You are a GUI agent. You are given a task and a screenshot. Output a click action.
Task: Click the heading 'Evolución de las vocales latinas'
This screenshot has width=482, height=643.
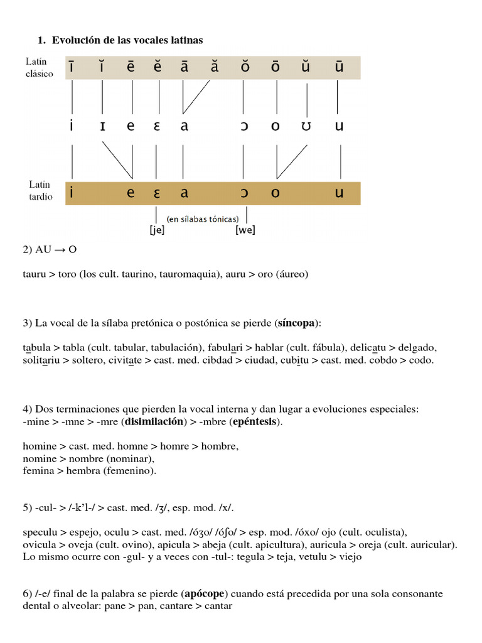click(x=127, y=40)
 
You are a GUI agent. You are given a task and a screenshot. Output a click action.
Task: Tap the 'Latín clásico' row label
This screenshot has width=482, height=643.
click(x=40, y=68)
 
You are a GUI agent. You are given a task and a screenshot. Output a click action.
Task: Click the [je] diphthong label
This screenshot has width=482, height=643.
click(x=157, y=230)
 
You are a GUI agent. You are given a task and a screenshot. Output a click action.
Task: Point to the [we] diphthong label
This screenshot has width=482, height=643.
click(x=245, y=230)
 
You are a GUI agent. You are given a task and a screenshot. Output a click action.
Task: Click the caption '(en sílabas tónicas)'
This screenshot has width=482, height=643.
click(x=202, y=219)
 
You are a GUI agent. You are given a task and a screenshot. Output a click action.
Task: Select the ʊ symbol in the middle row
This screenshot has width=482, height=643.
click(x=306, y=126)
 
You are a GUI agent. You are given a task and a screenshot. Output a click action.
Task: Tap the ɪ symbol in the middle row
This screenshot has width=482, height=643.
click(x=102, y=126)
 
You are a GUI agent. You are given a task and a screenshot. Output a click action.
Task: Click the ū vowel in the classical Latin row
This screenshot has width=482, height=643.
click(x=339, y=67)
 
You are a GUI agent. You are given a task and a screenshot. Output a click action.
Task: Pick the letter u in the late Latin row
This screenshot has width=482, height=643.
click(x=340, y=193)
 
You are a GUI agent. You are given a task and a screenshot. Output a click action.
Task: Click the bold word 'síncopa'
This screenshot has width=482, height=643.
click(x=297, y=323)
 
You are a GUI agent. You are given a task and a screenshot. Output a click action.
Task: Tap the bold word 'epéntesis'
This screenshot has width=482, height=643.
click(x=254, y=422)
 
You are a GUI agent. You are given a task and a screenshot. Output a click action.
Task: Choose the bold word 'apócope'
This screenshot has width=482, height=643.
click(x=204, y=593)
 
